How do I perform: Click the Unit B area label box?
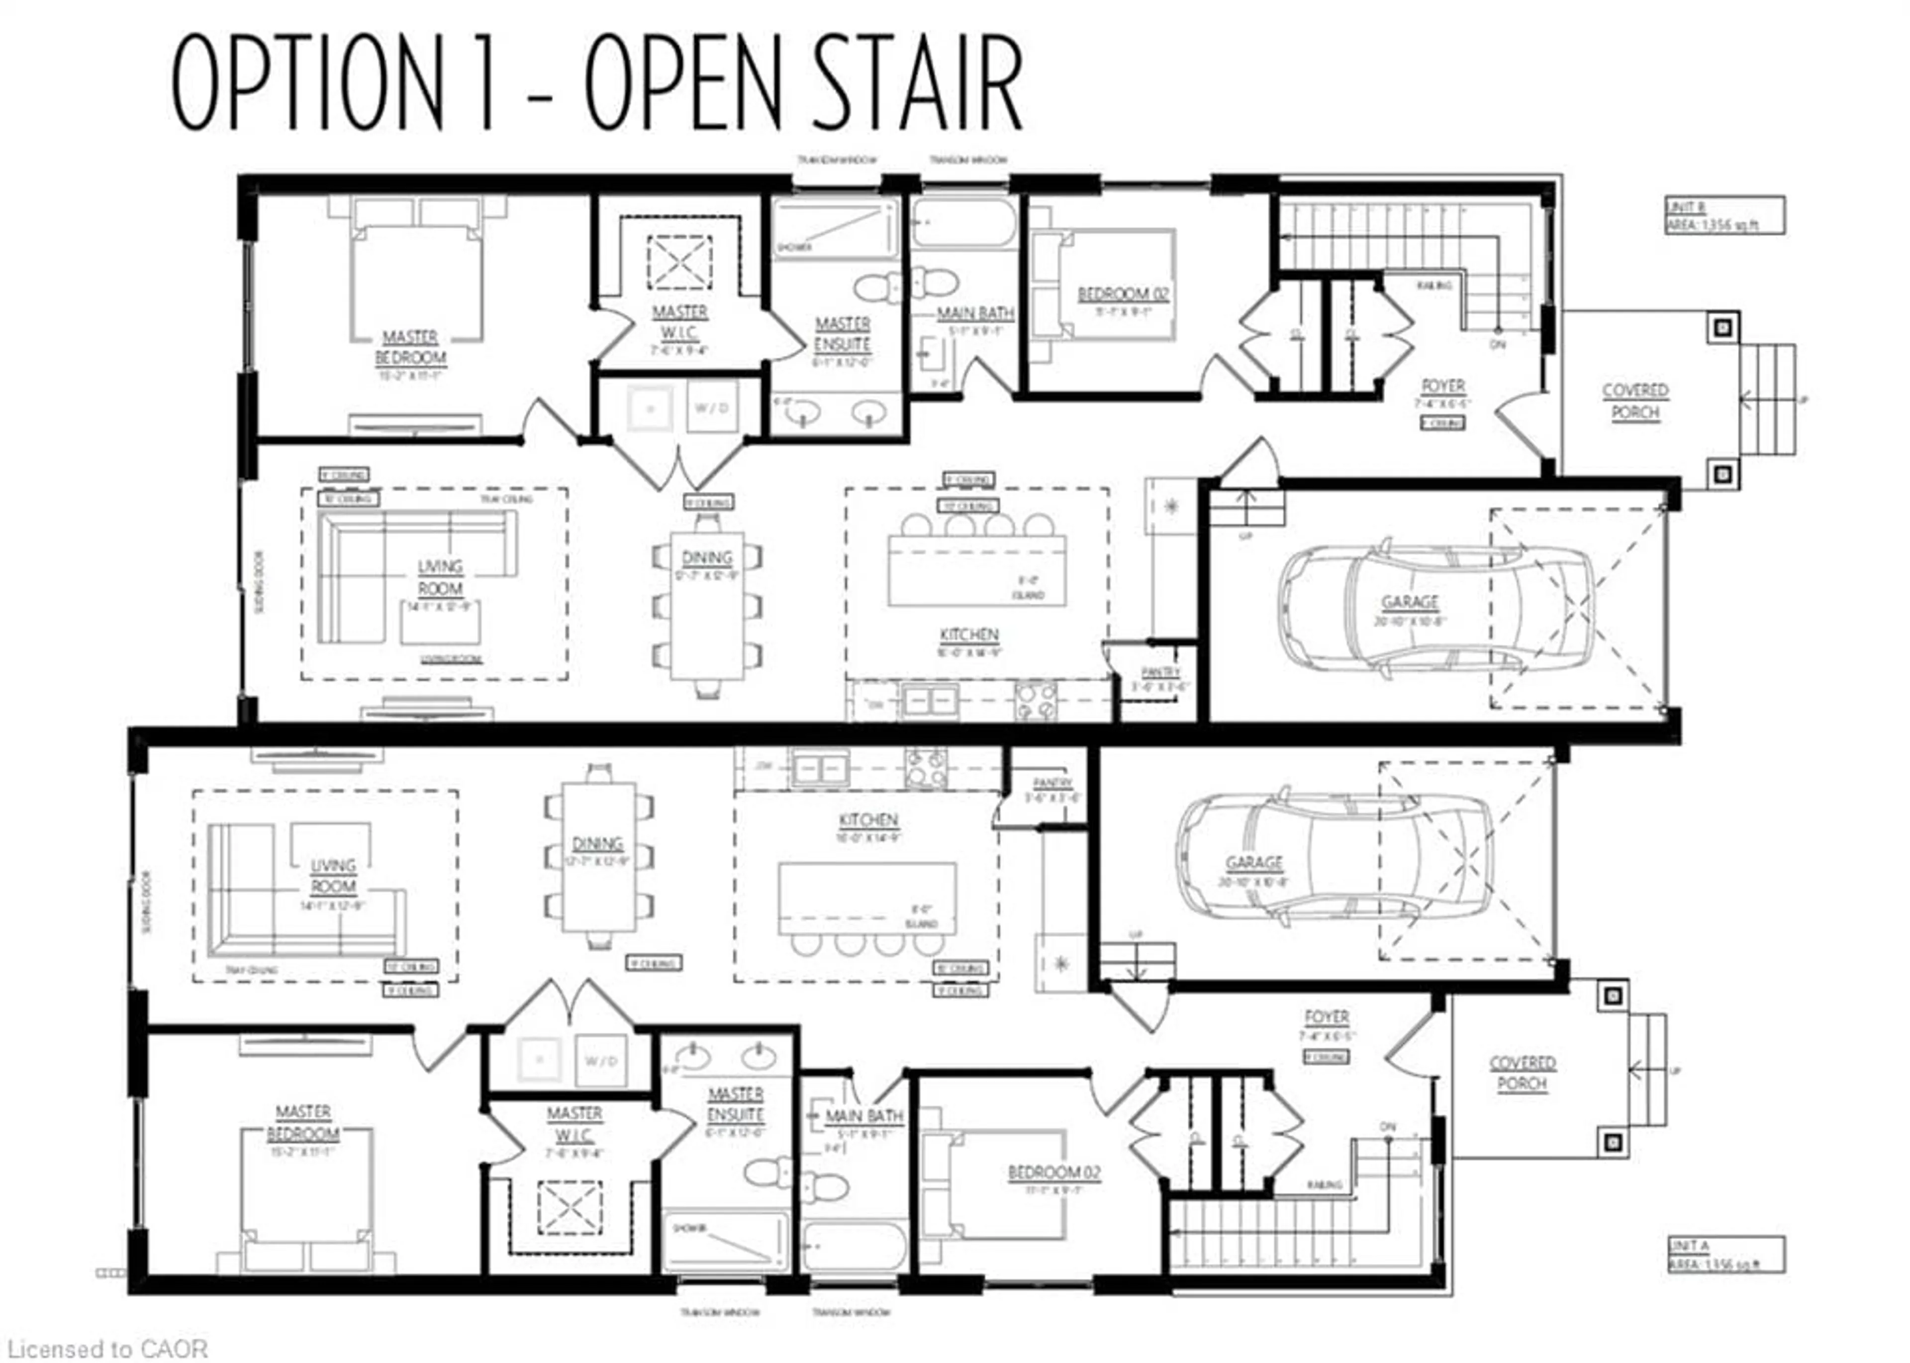pyautogui.click(x=1724, y=216)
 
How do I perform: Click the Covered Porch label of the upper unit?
pyautogui.click(x=1634, y=401)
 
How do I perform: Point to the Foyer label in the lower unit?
pyautogui.click(x=1327, y=1017)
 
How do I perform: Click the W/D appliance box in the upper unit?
pyautogui.click(x=712, y=408)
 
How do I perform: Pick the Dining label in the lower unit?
pyautogui.click(x=598, y=843)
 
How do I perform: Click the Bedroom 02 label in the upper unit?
pyautogui.click(x=1123, y=294)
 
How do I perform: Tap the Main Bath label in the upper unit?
pyautogui.click(x=975, y=313)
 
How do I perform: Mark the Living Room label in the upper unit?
pyautogui.click(x=440, y=577)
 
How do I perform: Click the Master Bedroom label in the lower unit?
pyautogui.click(x=303, y=1123)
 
